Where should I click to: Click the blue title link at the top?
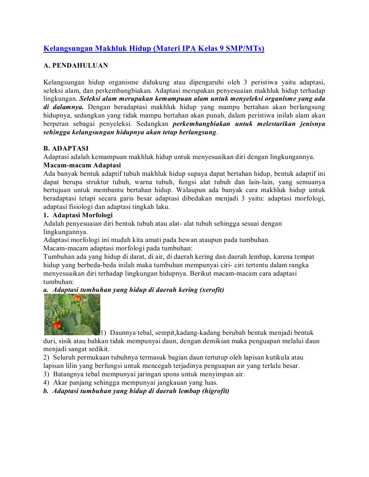(153, 48)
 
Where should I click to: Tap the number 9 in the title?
(222, 48)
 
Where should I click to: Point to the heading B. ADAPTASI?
(66, 149)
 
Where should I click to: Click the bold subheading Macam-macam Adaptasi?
(82, 165)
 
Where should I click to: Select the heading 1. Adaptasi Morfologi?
(77, 215)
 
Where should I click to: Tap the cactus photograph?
(72, 314)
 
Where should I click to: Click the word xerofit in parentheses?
(211, 290)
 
